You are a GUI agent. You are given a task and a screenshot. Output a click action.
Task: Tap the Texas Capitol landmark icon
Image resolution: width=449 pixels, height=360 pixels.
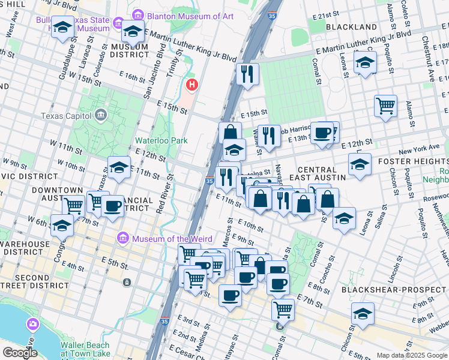(101, 115)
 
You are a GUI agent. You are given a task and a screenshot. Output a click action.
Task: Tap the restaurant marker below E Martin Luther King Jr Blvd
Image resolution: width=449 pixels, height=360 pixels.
(247, 74)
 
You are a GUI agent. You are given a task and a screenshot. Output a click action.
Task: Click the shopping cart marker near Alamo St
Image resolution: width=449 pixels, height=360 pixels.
(385, 106)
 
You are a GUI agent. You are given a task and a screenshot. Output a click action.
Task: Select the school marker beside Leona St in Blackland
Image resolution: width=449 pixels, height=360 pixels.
(365, 62)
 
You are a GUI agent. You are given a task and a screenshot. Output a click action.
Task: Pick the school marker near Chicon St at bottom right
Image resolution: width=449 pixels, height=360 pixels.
(363, 313)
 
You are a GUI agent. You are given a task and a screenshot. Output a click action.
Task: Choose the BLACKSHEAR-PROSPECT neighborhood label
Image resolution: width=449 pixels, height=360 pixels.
(394, 289)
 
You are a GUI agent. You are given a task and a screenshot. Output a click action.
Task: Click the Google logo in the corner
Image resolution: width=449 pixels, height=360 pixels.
(19, 352)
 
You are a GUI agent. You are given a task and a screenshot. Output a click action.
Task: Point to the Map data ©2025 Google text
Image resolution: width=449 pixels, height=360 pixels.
(411, 355)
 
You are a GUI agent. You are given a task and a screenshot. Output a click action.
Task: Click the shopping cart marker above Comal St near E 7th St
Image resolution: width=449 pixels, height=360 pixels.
(283, 309)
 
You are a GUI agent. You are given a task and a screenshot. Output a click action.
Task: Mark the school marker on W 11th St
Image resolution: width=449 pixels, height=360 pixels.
(119, 167)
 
